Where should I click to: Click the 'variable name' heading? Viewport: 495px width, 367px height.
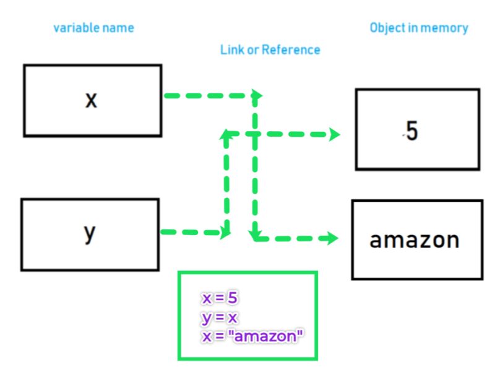[93, 28]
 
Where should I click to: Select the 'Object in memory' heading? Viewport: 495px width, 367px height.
[419, 28]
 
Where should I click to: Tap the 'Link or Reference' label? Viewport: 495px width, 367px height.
[270, 50]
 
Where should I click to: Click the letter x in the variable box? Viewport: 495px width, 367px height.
[91, 100]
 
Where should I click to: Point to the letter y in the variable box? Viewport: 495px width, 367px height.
[90, 234]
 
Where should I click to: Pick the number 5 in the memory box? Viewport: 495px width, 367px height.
[412, 132]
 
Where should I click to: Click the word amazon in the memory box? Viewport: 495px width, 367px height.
[415, 240]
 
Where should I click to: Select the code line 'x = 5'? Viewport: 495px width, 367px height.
[220, 298]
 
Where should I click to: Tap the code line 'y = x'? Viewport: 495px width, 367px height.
[220, 317]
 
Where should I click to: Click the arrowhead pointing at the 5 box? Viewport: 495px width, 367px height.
[335, 134]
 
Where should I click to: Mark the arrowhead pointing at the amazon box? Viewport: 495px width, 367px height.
[333, 238]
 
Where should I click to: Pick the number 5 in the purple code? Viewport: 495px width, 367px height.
[232, 298]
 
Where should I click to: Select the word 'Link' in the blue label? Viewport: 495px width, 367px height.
[231, 50]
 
